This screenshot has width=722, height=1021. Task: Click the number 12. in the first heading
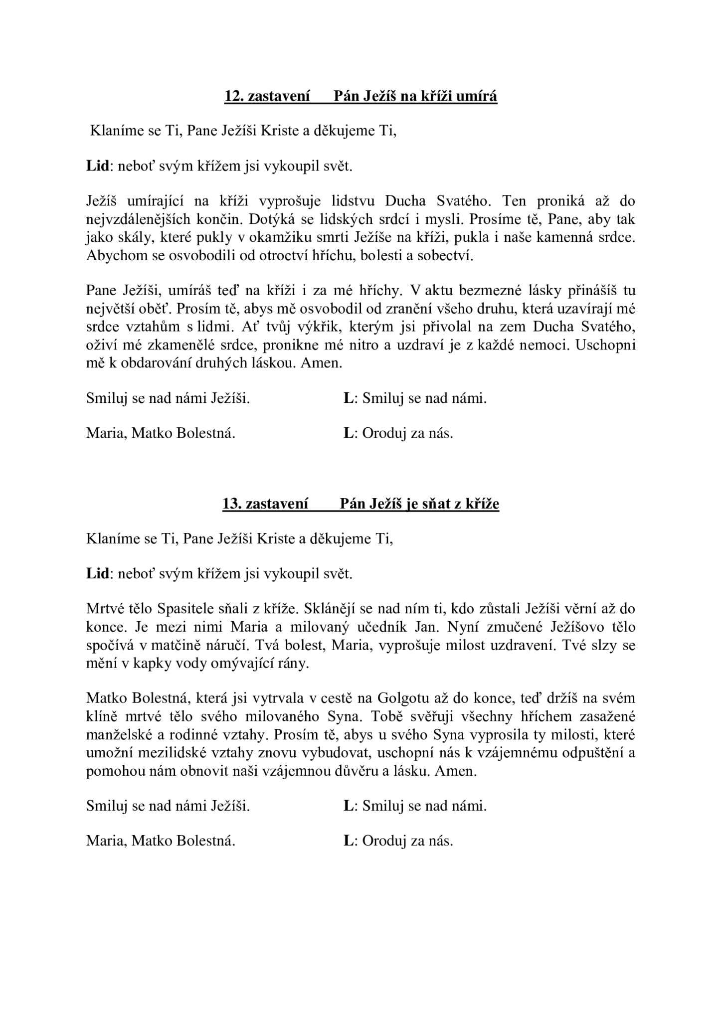pos(233,96)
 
